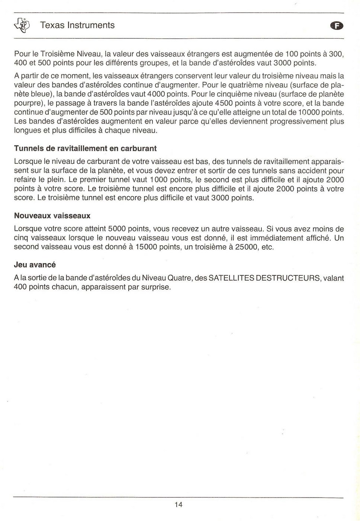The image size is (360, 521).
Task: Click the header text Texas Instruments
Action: tap(77, 25)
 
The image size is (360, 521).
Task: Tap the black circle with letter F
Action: tap(337, 26)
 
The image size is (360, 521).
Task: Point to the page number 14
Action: tap(178, 505)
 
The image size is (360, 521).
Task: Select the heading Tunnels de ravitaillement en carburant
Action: tap(85, 148)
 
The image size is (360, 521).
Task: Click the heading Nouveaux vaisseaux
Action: tap(52, 216)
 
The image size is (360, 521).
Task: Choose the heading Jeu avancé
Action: tap(35, 265)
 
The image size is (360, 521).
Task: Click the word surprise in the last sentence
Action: tap(156, 287)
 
